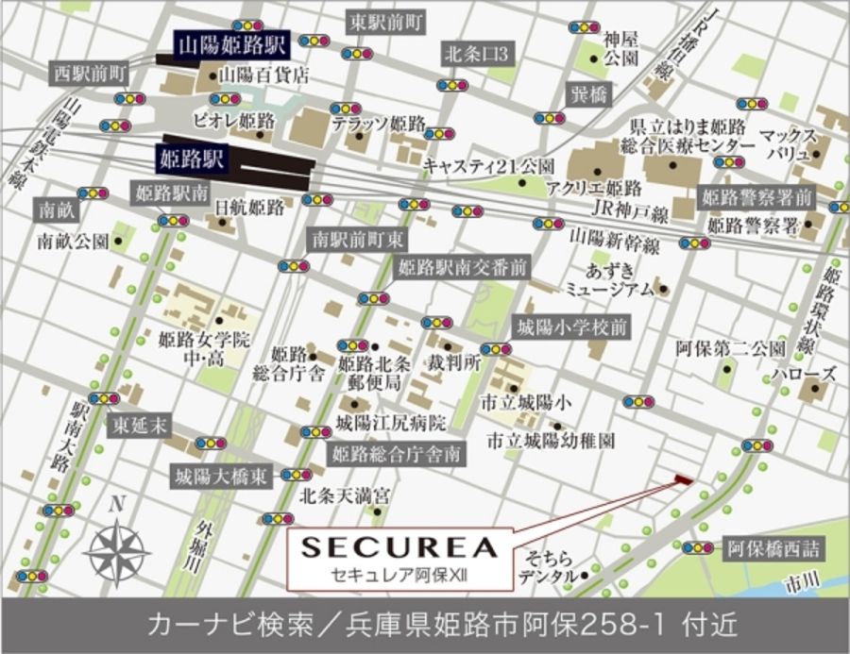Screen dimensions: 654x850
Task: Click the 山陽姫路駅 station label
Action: tap(232, 42)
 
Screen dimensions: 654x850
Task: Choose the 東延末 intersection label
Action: tap(138, 426)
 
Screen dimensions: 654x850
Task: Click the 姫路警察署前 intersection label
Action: tap(756, 197)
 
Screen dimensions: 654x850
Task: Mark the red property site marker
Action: tap(682, 481)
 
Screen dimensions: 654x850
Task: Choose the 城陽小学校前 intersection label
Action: tap(569, 328)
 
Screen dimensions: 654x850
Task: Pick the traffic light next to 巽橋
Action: tap(549, 118)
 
